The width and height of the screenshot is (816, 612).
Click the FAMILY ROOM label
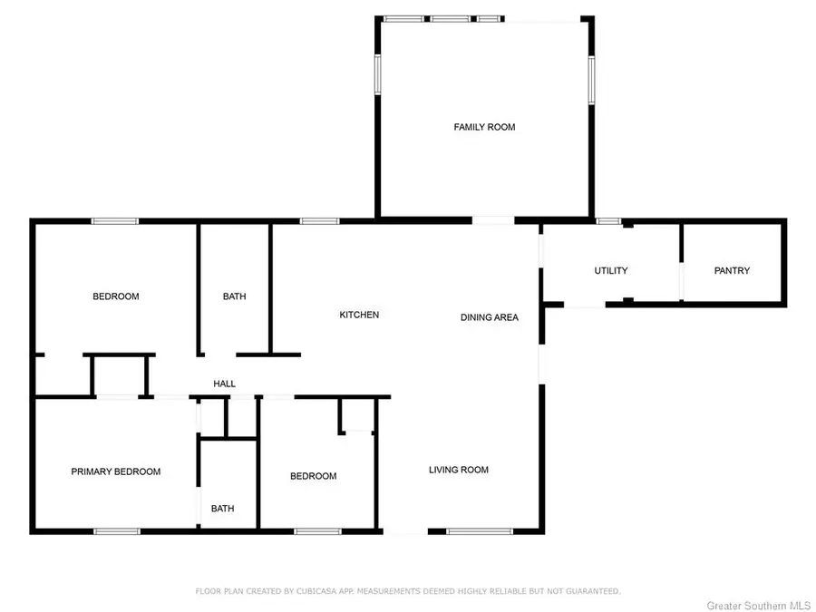tap(484, 127)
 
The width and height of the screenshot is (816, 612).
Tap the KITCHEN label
tap(359, 315)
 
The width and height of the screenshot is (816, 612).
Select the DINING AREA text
tap(489, 317)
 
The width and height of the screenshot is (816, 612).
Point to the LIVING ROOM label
tap(459, 470)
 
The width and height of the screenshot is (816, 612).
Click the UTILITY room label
tap(611, 271)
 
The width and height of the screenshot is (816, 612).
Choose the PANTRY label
tap(732, 271)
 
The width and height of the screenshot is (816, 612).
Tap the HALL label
tap(224, 384)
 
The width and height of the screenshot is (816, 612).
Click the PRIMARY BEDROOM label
tap(116, 471)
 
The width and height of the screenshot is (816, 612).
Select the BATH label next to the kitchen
tap(234, 296)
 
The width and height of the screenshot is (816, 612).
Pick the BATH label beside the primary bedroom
tap(222, 509)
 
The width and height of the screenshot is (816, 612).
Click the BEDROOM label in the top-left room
tap(116, 296)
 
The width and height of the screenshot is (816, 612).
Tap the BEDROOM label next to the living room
tap(313, 476)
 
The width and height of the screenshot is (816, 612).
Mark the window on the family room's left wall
tap(378, 74)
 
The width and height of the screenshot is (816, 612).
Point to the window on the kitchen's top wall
tap(320, 220)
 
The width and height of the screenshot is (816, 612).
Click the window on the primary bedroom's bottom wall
tap(116, 530)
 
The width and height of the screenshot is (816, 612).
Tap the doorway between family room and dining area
tap(493, 219)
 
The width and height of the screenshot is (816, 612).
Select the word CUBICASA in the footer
tap(321, 591)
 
